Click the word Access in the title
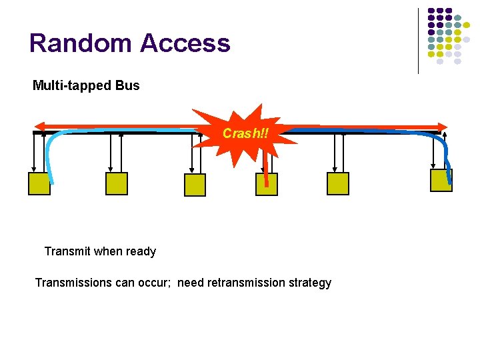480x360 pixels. click(x=185, y=43)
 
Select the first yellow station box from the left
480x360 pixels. click(x=39, y=183)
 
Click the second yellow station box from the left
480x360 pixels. click(x=116, y=183)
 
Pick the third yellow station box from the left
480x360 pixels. click(x=195, y=184)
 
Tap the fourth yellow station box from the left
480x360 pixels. click(x=266, y=184)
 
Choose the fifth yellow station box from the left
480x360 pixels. click(x=337, y=183)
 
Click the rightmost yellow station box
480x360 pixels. click(x=441, y=180)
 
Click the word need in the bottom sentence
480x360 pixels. click(x=191, y=283)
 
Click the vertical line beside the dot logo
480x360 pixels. click(x=418, y=40)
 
